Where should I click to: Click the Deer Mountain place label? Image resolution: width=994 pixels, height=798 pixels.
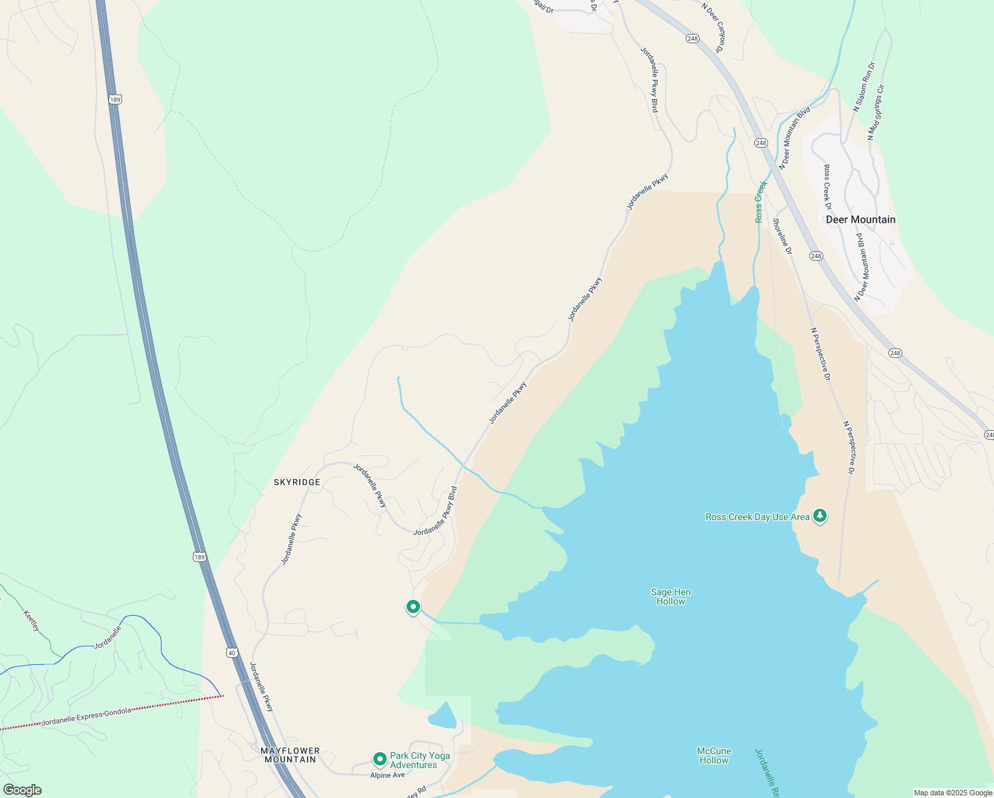point(860,219)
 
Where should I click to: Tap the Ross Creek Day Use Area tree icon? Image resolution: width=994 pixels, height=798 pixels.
point(820,515)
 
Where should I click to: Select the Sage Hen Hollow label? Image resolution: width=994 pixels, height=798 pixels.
point(670,597)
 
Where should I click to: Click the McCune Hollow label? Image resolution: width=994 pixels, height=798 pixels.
point(714,755)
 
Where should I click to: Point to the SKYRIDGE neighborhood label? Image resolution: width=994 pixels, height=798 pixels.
point(297,482)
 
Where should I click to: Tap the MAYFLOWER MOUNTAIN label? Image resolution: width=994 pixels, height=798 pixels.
point(290,755)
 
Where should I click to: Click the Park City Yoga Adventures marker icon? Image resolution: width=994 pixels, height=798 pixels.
point(379,759)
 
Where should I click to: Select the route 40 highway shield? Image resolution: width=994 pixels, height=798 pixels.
point(231,652)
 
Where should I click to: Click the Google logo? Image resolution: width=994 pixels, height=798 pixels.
point(22,790)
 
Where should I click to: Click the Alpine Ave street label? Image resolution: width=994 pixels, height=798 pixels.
point(387,775)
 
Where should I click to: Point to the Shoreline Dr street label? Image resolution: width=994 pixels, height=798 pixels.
point(782,236)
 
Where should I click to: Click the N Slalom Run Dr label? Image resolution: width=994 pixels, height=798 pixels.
point(864,86)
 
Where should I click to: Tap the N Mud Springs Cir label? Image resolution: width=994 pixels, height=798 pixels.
point(876,112)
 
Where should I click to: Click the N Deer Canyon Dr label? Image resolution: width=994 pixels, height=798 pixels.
point(714,27)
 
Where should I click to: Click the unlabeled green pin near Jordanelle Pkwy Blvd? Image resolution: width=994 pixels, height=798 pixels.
point(413,606)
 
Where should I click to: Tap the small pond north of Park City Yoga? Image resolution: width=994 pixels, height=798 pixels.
point(442,716)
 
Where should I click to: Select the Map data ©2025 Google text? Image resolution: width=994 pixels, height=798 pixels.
point(953,793)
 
